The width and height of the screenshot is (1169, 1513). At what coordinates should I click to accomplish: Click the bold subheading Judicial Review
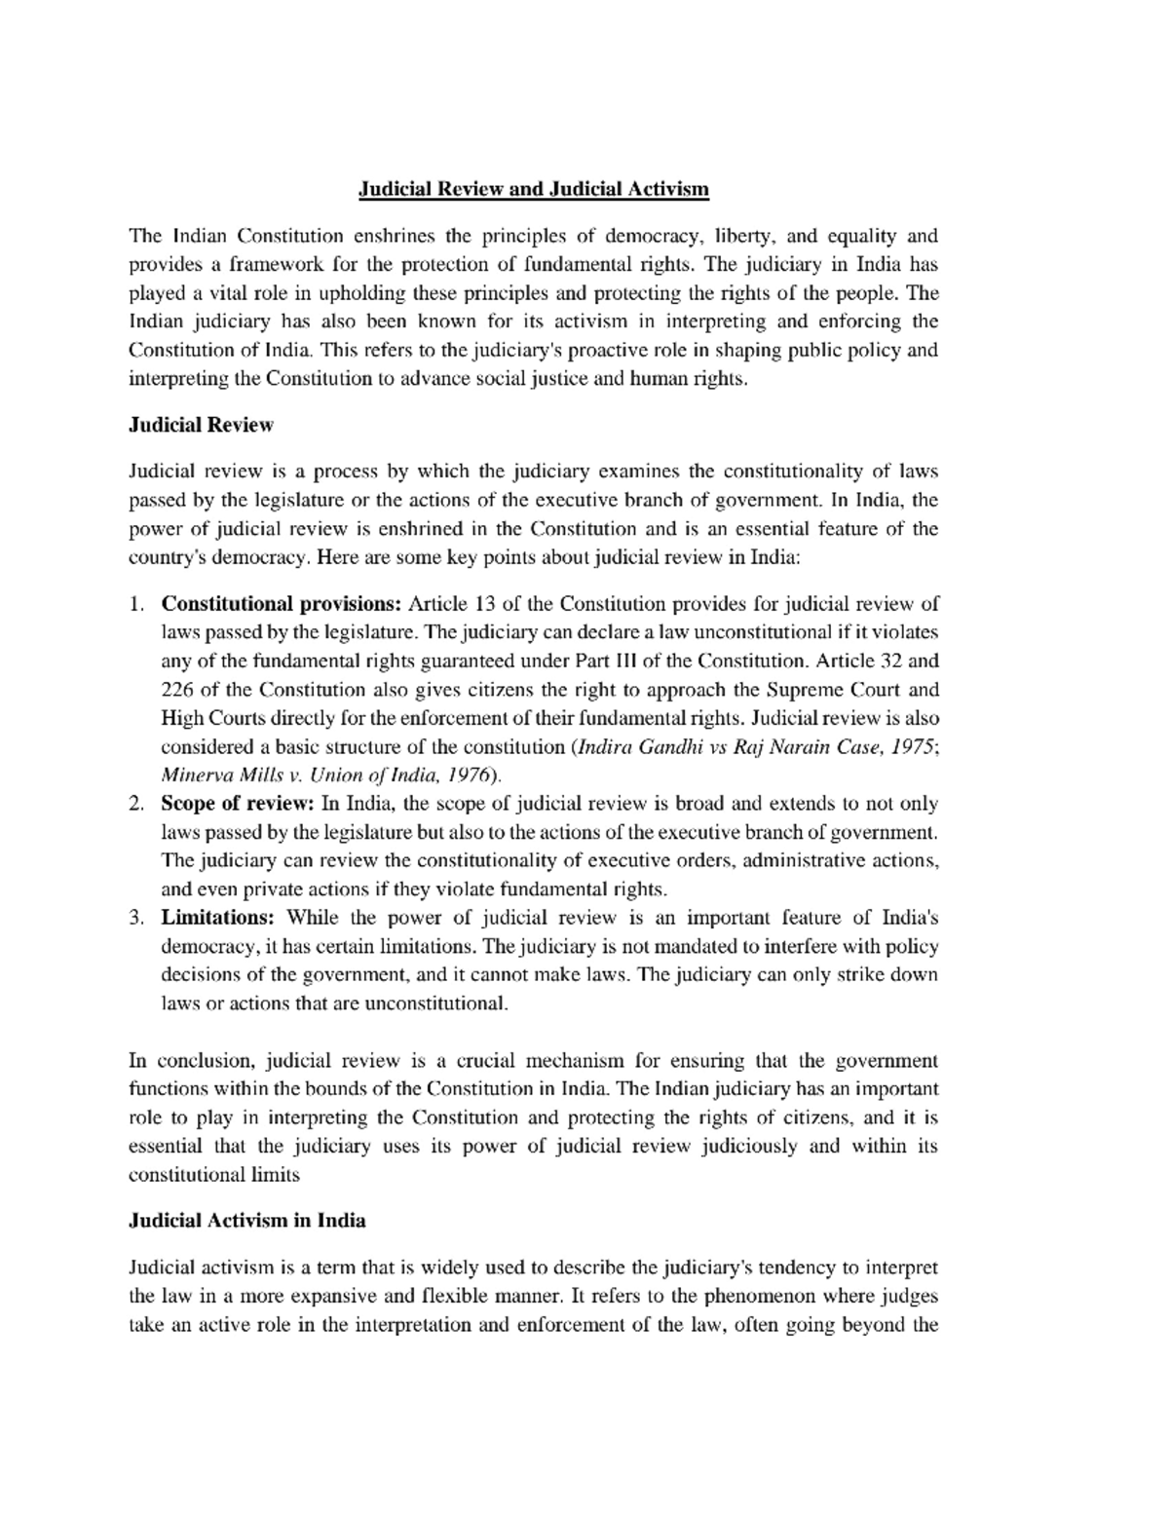tap(201, 425)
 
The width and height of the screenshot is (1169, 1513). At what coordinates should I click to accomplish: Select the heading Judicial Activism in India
tap(247, 1220)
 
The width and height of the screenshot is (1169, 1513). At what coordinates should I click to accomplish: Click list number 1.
tap(136, 604)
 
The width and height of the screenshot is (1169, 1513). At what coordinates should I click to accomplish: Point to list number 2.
tap(136, 804)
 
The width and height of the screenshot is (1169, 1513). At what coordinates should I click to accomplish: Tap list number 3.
tap(136, 918)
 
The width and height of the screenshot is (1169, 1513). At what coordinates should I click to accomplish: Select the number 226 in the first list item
tap(176, 690)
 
